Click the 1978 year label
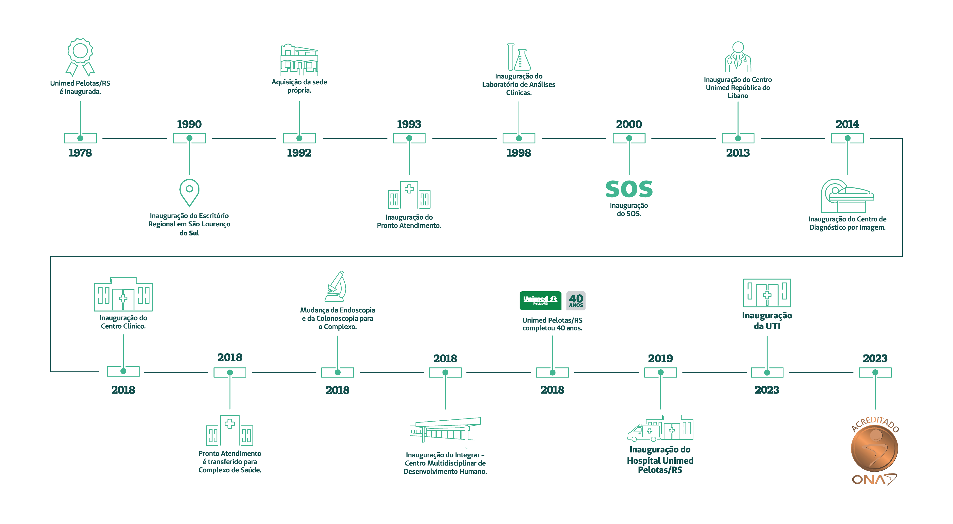click(x=80, y=153)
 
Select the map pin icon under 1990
click(x=189, y=193)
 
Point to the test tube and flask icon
click(x=519, y=57)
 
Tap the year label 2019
click(x=660, y=358)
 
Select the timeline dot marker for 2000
click(x=629, y=138)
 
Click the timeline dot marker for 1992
click(x=299, y=138)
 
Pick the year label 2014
click(x=847, y=124)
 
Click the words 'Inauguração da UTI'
click(x=767, y=321)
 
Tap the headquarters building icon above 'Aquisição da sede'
click(x=299, y=60)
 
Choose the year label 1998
click(x=519, y=153)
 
